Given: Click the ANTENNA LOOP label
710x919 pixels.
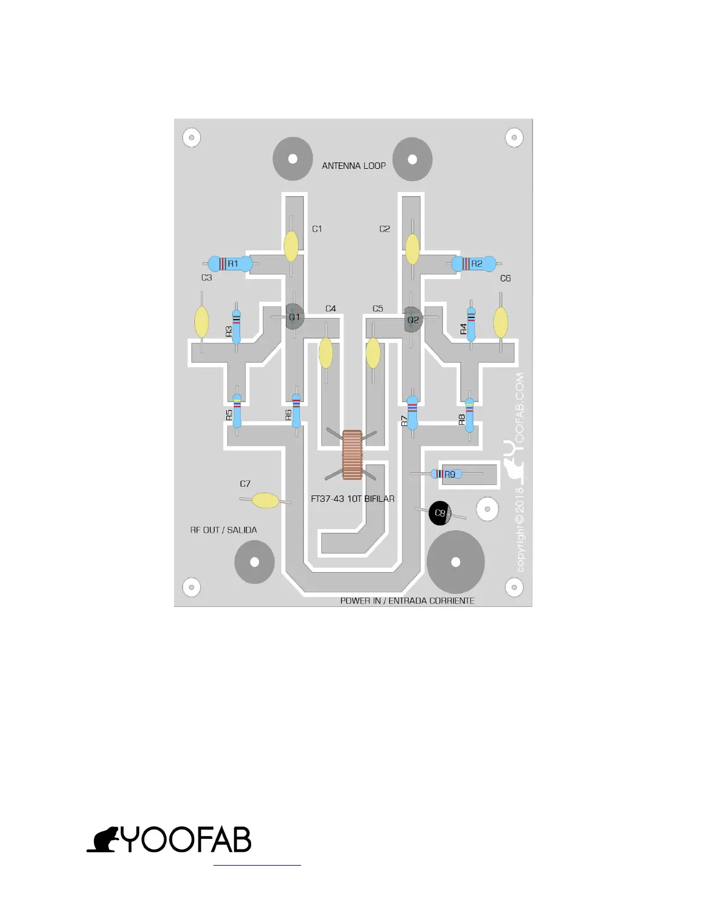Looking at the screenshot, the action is [354, 166].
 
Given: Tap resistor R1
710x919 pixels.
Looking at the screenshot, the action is [230, 264].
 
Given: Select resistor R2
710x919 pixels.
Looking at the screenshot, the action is [474, 264].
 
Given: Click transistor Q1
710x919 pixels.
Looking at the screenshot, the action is [294, 317].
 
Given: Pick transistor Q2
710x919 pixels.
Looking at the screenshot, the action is [412, 319].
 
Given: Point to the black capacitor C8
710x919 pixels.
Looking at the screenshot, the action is [440, 513].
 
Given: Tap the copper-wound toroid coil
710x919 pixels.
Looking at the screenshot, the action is [352, 455].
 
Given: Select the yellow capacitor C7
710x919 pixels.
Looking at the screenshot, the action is [266, 500].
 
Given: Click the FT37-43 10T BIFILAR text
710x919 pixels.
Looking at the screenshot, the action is [353, 499].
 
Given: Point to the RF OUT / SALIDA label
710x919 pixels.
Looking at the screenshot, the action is [223, 530].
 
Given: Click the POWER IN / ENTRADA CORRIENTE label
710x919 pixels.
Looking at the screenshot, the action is [407, 601].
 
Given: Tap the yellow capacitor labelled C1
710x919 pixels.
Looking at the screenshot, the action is [291, 247].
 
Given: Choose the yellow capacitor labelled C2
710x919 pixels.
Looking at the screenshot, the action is [412, 249].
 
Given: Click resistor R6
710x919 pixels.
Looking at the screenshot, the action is [296, 410].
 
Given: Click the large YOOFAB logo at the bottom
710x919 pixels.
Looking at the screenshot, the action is [169, 840].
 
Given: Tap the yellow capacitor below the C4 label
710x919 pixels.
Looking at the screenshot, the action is [326, 353].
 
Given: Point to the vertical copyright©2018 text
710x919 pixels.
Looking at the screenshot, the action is [520, 529].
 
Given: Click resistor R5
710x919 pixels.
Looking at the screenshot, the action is [237, 411].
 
